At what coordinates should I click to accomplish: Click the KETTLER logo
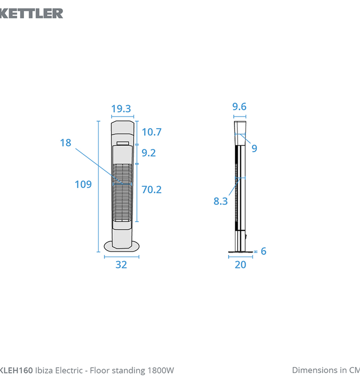point(32,13)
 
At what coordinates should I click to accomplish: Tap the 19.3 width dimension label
point(121,108)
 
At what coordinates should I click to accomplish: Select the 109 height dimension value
point(83,185)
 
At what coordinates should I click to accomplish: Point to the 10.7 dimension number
point(152,132)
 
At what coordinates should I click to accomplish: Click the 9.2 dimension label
point(148,153)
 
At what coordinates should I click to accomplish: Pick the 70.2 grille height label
point(152,190)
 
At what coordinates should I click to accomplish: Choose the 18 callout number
point(66,142)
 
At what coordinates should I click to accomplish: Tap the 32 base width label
point(121,265)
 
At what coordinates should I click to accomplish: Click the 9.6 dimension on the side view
point(239,107)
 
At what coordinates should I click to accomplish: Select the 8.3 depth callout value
point(221,201)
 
